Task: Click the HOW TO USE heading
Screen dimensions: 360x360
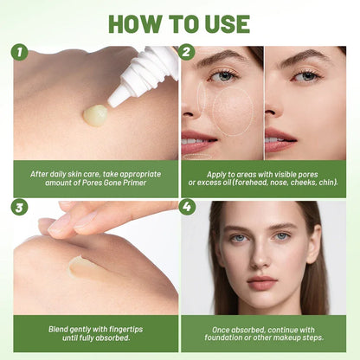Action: (x=180, y=23)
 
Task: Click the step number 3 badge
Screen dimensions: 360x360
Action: (x=20, y=208)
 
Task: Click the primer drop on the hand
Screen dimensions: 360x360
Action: (x=95, y=114)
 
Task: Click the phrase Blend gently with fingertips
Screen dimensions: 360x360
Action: (x=95, y=330)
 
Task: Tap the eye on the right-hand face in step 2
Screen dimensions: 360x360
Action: (x=305, y=76)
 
